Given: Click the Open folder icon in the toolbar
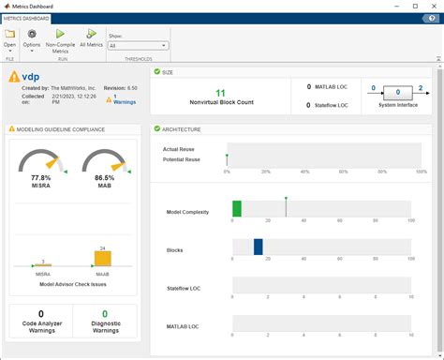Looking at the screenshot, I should click(x=9, y=33).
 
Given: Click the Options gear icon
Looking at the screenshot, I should click(x=32, y=33).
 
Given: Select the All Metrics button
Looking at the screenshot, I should click(x=91, y=33).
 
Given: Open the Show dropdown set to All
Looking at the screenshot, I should click(x=138, y=45).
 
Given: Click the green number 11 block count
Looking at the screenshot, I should click(x=220, y=93).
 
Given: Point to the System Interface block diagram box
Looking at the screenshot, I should click(x=398, y=93).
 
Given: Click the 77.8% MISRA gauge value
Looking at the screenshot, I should click(x=40, y=177).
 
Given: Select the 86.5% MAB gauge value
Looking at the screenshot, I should click(x=103, y=177).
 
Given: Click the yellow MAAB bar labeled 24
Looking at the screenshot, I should click(x=103, y=259).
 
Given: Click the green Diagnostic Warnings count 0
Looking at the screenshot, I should click(x=104, y=314).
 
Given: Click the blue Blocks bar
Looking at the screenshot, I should click(x=259, y=247).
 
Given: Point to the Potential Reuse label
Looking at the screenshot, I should click(x=182, y=160).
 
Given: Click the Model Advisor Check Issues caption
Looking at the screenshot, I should click(x=73, y=283).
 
